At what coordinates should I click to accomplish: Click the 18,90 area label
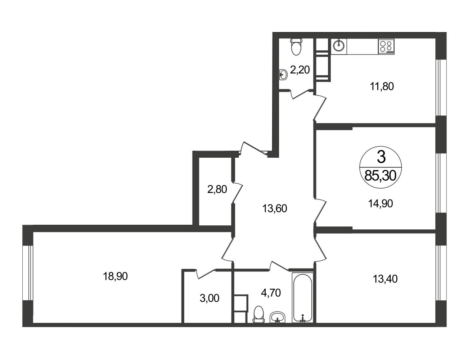pyautogui.click(x=115, y=276)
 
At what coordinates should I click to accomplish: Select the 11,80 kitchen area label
pyautogui.click(x=382, y=86)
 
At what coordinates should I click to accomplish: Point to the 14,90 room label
pyautogui.click(x=381, y=203)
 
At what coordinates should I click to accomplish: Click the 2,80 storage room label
pyautogui.click(x=217, y=189)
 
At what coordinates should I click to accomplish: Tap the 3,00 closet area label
pyautogui.click(x=210, y=298)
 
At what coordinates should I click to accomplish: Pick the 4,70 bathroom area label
pyautogui.click(x=271, y=293)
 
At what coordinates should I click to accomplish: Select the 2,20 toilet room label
pyautogui.click(x=300, y=69)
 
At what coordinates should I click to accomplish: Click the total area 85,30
pyautogui.click(x=381, y=176)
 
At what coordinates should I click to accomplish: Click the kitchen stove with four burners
pyautogui.click(x=386, y=47)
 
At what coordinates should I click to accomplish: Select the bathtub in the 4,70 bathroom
pyautogui.click(x=302, y=298)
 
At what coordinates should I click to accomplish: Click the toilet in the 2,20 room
pyautogui.click(x=296, y=47)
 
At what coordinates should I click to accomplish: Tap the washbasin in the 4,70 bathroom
pyautogui.click(x=278, y=317)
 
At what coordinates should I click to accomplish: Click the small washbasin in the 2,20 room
pyautogui.click(x=283, y=75)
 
